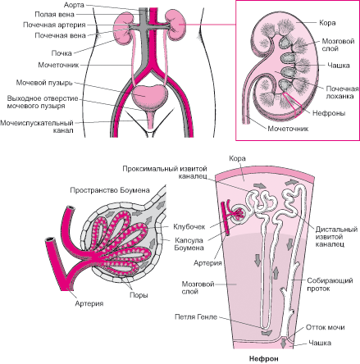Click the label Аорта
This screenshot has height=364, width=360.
tap(74, 5)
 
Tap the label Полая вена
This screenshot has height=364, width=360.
tap(54, 14)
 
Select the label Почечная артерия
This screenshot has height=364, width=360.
tap(54, 25)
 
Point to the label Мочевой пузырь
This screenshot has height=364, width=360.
tap(44, 83)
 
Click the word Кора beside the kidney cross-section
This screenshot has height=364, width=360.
tap(327, 23)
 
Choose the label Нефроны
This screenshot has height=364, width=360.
tap(329, 113)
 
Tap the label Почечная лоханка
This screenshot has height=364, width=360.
tap(342, 93)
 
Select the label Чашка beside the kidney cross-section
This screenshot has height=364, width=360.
tap(339, 66)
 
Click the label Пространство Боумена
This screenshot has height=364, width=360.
tap(110, 190)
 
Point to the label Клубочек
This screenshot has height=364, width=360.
tap(189, 226)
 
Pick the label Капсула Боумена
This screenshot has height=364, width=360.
tap(189, 244)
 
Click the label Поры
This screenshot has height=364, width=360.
tap(139, 295)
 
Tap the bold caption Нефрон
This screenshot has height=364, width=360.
tap(264, 358)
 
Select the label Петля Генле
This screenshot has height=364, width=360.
tap(196, 317)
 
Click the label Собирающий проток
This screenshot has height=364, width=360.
tap(330, 284)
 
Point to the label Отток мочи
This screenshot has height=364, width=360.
tap(326, 327)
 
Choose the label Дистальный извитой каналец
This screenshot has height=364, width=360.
tap(336, 237)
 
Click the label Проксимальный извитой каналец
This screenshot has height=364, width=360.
tap(165, 172)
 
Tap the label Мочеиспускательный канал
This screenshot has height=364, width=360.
tap(37, 126)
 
